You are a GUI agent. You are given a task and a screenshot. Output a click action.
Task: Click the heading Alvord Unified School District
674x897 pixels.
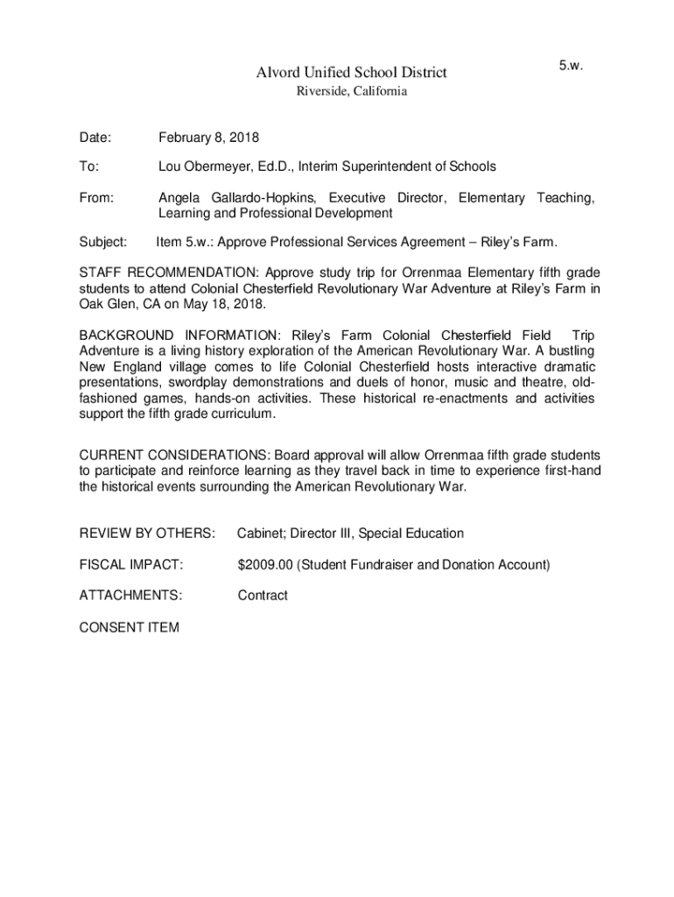(351, 72)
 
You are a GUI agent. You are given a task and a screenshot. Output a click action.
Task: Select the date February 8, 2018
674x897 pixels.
(208, 138)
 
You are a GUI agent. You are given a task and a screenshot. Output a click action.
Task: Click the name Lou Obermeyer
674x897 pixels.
(205, 166)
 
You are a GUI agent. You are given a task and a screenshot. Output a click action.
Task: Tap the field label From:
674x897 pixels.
(96, 198)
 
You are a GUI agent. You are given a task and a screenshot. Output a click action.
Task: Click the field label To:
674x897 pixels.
(89, 166)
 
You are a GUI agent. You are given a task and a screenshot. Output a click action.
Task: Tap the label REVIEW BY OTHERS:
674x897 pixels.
(147, 533)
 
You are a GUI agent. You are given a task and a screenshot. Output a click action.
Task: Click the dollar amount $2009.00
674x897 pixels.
(265, 565)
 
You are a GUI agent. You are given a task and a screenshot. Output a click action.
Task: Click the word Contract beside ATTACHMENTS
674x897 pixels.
(263, 596)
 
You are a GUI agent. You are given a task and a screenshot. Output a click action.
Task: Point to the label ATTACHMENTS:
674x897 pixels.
(131, 596)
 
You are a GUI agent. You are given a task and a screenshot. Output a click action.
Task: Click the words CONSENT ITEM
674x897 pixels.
(130, 627)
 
